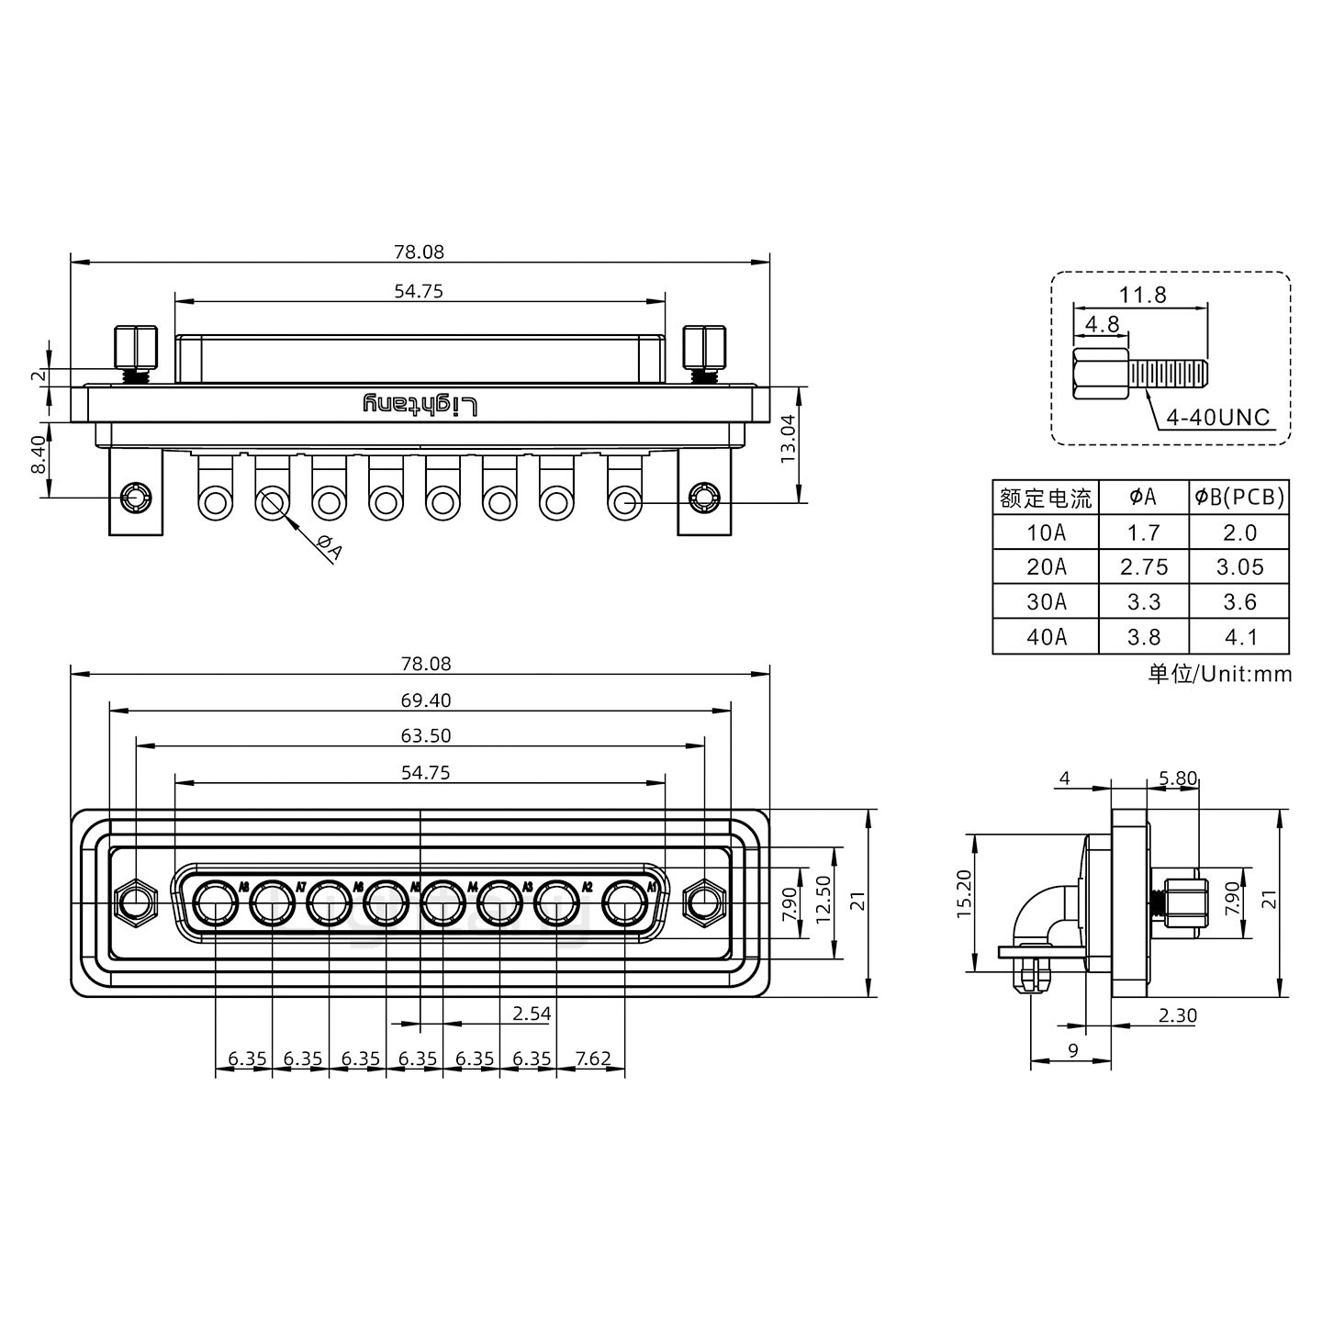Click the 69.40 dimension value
pyautogui.click(x=425, y=700)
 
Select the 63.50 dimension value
pyautogui.click(x=425, y=736)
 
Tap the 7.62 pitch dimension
pyautogui.click(x=592, y=1059)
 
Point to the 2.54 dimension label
pyautogui.click(x=532, y=1014)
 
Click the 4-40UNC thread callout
pyautogui.click(x=1217, y=418)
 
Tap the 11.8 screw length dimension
pyautogui.click(x=1142, y=294)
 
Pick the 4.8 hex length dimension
pyautogui.click(x=1102, y=324)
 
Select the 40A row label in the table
pyautogui.click(x=1046, y=637)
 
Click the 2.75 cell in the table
pyautogui.click(x=1144, y=567)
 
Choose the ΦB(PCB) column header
pyautogui.click(x=1239, y=498)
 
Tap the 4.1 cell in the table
pyautogui.click(x=1239, y=637)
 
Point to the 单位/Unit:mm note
pyautogui.click(x=1219, y=675)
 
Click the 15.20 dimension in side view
pyautogui.click(x=963, y=894)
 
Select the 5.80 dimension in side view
pyautogui.click(x=1177, y=779)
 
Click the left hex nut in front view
pyautogui.click(x=136, y=902)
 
